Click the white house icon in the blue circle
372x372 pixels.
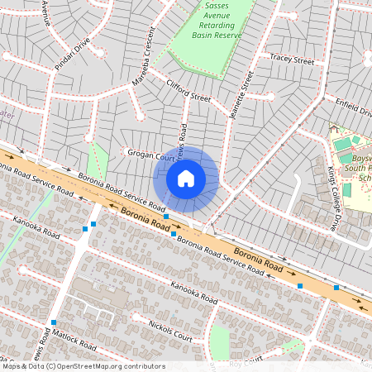[x=186, y=178]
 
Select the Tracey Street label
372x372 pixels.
[x=292, y=60]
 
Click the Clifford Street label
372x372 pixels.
[x=188, y=96]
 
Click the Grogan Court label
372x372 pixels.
[x=150, y=154]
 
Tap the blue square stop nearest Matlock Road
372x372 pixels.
[x=54, y=322]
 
